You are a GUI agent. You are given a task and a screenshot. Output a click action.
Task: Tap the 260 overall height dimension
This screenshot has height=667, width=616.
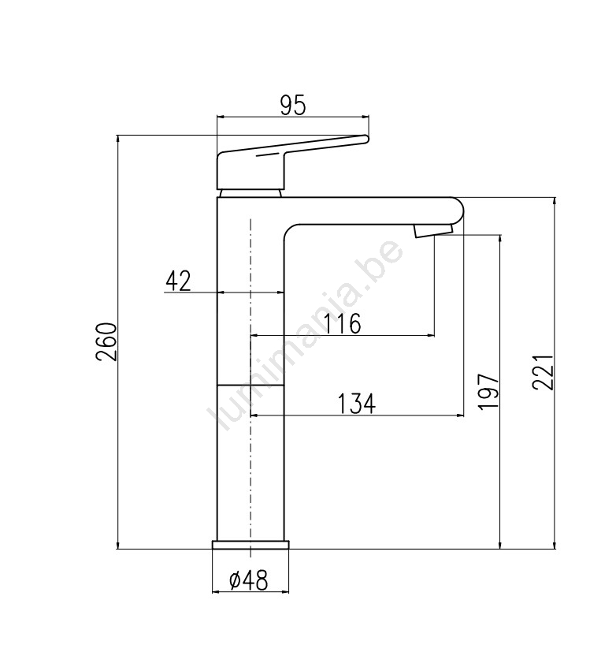(106, 342)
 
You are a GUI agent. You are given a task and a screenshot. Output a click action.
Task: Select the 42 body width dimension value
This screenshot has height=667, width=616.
(179, 281)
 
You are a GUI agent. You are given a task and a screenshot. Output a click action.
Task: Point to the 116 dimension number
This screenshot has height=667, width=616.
(343, 324)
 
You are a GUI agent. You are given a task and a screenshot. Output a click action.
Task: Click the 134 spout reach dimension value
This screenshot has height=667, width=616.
(357, 404)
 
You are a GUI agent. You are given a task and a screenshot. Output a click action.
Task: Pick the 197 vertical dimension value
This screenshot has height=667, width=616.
(488, 392)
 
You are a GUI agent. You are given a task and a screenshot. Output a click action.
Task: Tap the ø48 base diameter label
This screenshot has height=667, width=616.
(249, 580)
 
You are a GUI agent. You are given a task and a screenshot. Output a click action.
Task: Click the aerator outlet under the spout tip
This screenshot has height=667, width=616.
(432, 232)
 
